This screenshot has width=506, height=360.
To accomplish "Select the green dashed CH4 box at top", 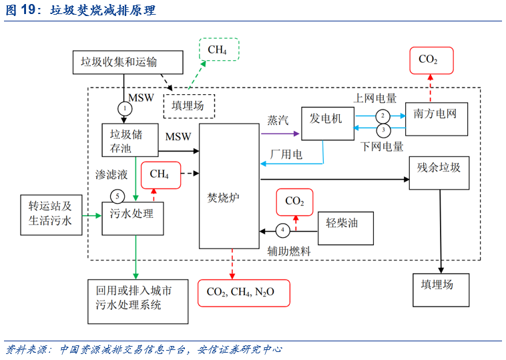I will pyautogui.click(x=218, y=49).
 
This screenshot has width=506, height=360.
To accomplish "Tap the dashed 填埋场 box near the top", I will pyautogui.click(x=193, y=106).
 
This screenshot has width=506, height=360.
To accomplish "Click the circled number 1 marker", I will pyautogui.click(x=125, y=108).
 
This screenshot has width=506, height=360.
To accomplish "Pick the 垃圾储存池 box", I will pyautogui.click(x=131, y=140).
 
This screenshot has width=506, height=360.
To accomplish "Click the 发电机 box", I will pyautogui.click(x=327, y=124).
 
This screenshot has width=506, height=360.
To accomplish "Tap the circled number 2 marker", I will pyautogui.click(x=382, y=115).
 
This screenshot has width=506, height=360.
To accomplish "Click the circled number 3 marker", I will pyautogui.click(x=383, y=129).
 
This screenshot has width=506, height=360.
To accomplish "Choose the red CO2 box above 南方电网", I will pyautogui.click(x=431, y=60).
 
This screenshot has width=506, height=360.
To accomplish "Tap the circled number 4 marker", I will pyautogui.click(x=283, y=230).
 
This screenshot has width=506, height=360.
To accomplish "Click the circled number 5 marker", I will pyautogui.click(x=117, y=196).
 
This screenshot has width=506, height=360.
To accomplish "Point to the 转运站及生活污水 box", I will pyautogui.click(x=50, y=214).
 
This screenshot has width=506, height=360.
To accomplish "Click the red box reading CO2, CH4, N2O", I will pyautogui.click(x=244, y=293).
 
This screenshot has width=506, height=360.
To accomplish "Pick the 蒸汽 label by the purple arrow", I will pyautogui.click(x=278, y=120).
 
